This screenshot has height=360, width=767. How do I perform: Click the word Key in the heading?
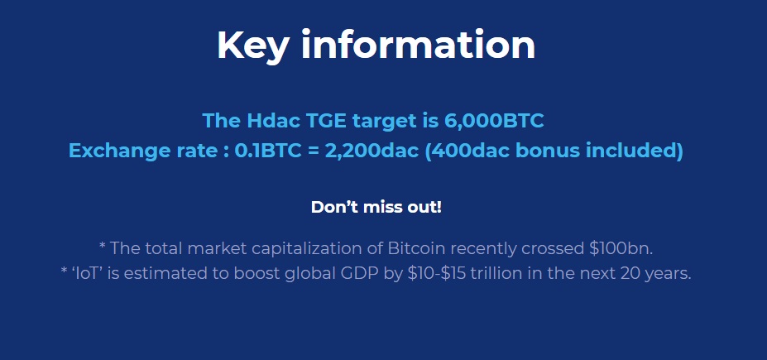[252, 46]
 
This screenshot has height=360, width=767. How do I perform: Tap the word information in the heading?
[418, 45]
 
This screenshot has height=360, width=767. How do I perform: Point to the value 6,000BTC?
[494, 121]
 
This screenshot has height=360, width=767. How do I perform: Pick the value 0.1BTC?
[268, 150]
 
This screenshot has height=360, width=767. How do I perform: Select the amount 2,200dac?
[372, 151]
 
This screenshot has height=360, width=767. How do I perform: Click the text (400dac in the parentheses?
[467, 151]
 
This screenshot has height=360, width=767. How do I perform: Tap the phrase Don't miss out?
[376, 207]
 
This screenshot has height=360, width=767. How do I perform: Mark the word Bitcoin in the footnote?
[416, 248]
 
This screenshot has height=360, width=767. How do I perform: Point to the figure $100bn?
[621, 248]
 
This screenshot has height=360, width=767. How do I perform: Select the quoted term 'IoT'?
[87, 273]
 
